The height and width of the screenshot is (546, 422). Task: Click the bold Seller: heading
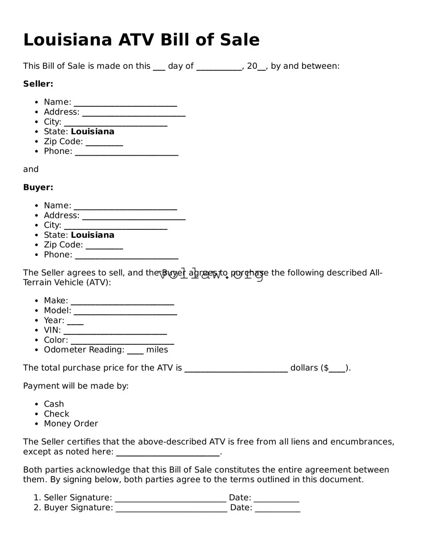(38, 84)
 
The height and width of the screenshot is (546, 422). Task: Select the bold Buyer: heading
(38, 187)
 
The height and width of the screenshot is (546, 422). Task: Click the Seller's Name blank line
(125, 103)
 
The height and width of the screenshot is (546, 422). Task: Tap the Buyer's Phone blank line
(127, 255)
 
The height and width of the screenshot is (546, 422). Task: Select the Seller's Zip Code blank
(104, 142)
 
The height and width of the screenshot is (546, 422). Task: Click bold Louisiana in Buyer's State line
(93, 235)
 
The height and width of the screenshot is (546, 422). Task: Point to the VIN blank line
(115, 331)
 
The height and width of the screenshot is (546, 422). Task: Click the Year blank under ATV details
(75, 321)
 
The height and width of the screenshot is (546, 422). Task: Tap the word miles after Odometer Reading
(157, 350)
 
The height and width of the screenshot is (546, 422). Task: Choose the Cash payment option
(54, 404)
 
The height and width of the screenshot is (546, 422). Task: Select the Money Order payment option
(71, 424)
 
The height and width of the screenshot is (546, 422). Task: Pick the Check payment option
(56, 414)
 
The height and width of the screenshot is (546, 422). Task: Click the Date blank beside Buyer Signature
(277, 508)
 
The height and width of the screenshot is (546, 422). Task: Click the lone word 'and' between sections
(31, 169)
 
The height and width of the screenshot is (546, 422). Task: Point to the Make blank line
(122, 301)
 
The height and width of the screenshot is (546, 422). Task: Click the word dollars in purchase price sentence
(304, 368)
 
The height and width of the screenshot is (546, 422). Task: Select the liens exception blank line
(168, 453)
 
